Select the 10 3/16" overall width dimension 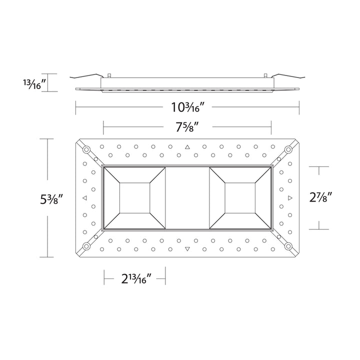(188, 107)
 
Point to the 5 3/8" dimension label (51, 199)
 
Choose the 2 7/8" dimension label (320, 197)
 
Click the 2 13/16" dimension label (136, 278)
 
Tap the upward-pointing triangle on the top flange (187, 147)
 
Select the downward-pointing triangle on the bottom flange (187, 249)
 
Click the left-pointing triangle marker (84, 198)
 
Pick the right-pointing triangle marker (290, 198)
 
